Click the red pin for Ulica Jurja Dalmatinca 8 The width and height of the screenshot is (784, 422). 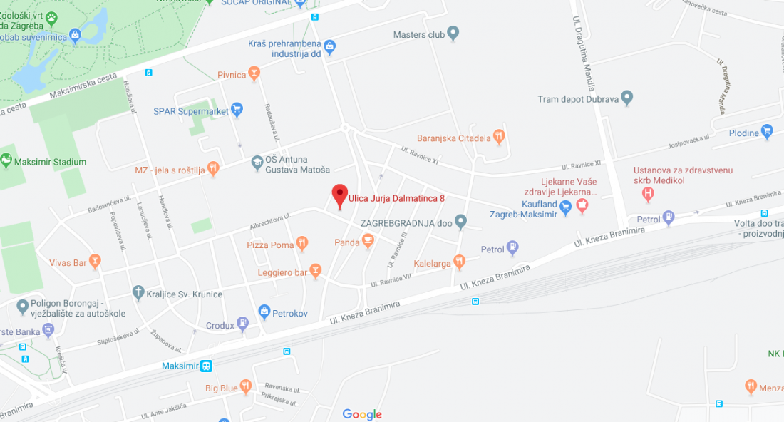click(x=340, y=195)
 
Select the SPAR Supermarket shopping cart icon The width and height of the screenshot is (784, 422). click(x=237, y=110)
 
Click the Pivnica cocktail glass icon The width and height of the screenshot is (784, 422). click(x=254, y=73)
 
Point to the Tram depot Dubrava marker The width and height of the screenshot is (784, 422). click(x=627, y=97)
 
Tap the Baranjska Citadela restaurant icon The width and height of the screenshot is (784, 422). click(x=499, y=135)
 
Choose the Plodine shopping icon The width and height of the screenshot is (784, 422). click(x=767, y=131)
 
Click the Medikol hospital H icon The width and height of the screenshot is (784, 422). click(x=648, y=192)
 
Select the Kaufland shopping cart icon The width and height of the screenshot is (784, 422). click(x=565, y=207)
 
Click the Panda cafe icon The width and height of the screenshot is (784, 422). click(x=368, y=242)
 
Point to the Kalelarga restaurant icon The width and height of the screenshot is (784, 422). click(x=460, y=262)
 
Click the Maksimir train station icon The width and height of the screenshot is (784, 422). click(x=206, y=366)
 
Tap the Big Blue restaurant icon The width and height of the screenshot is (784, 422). click(x=246, y=386)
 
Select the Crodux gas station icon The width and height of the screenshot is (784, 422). click(x=244, y=324)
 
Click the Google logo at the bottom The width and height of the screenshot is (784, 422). click(x=362, y=414)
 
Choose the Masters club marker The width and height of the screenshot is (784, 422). click(x=453, y=33)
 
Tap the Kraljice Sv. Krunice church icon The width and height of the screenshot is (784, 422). click(x=138, y=293)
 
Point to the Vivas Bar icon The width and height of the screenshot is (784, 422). click(x=95, y=262)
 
